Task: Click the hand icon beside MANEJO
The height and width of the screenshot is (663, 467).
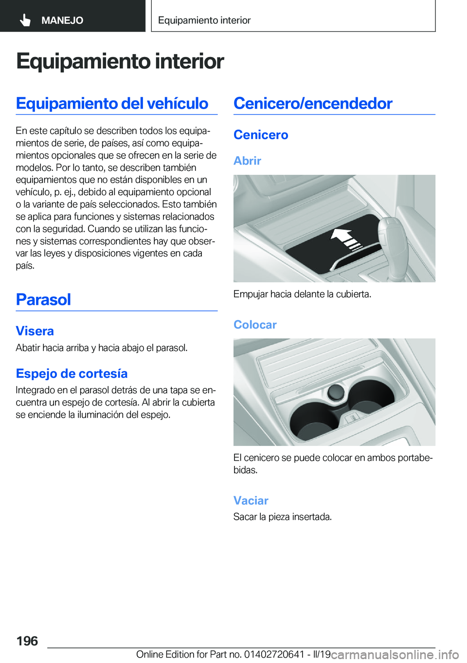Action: click(25, 20)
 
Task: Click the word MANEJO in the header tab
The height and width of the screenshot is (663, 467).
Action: click(62, 20)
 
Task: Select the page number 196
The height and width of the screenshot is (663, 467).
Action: click(27, 641)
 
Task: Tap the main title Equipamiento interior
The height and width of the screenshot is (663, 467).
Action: click(120, 61)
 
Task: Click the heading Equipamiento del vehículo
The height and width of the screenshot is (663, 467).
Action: click(112, 103)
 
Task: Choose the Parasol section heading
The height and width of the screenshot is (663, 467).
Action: click(43, 299)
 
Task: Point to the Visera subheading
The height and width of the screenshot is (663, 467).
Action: click(35, 331)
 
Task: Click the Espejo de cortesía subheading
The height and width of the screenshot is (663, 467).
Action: click(72, 373)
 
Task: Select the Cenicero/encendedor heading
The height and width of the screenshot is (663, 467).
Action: click(313, 103)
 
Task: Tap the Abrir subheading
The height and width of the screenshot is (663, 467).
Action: click(247, 161)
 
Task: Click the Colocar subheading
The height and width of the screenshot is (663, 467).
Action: click(255, 325)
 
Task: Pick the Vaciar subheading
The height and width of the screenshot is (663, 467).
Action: click(251, 500)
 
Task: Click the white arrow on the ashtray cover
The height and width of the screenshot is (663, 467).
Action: click(345, 239)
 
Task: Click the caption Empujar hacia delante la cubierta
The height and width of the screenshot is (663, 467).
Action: click(302, 294)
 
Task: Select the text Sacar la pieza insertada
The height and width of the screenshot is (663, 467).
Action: click(283, 516)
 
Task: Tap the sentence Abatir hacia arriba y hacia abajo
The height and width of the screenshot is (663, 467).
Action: click(102, 348)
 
